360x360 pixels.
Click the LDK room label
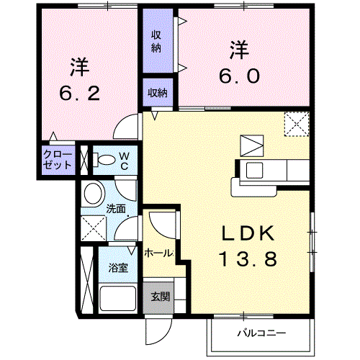(x=248, y=233)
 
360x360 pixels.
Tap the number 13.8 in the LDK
(x=248, y=258)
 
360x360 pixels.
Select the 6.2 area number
(x=79, y=94)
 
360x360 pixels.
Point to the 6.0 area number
(x=239, y=76)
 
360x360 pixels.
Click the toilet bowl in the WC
(x=107, y=160)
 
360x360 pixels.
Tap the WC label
(x=125, y=161)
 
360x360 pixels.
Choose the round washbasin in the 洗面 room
(x=93, y=194)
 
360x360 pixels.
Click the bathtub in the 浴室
(x=117, y=298)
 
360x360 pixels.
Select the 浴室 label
(x=118, y=268)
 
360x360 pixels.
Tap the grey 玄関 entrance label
(x=161, y=297)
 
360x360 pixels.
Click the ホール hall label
(x=158, y=253)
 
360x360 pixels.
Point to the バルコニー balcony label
(x=261, y=333)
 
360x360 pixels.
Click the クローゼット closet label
(x=58, y=160)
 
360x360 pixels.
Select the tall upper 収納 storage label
(x=156, y=42)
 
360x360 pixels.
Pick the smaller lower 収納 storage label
(x=158, y=93)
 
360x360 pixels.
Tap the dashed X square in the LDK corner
(x=297, y=124)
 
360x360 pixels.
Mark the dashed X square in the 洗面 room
(x=94, y=228)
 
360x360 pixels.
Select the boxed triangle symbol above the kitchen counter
(x=252, y=146)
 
